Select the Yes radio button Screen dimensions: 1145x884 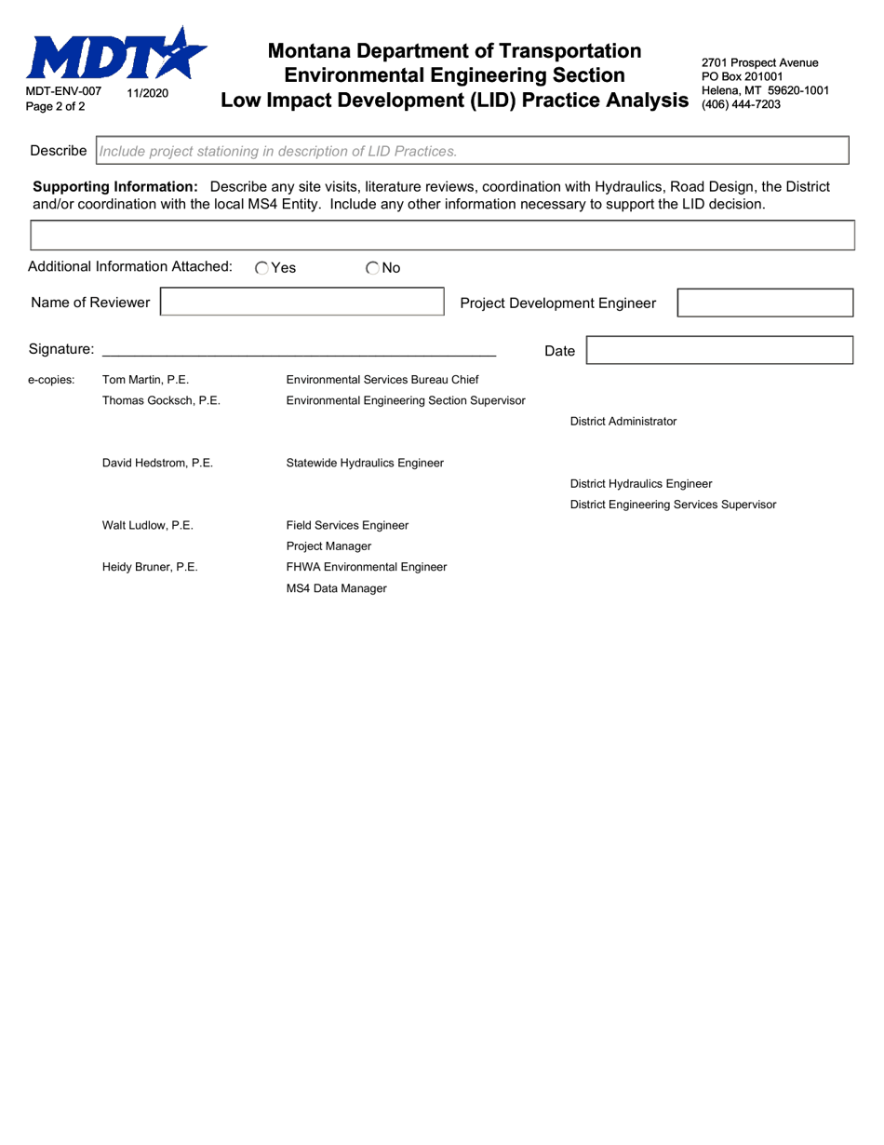click(262, 268)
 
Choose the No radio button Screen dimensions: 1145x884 click(373, 268)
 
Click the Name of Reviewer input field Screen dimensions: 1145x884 click(302, 303)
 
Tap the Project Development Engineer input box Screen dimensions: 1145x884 click(764, 303)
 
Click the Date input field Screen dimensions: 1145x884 click(719, 350)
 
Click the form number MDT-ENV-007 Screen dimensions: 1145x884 click(64, 92)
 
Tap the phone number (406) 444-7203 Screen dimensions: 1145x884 click(741, 104)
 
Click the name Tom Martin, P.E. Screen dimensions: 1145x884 click(145, 379)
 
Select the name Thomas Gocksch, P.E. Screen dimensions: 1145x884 click(161, 400)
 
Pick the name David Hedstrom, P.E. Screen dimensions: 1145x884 click(157, 463)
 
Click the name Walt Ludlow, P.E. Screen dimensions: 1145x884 click(147, 525)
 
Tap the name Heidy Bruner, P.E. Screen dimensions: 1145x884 click(150, 566)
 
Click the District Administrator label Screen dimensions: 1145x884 click(623, 421)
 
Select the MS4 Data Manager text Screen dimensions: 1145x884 click(336, 588)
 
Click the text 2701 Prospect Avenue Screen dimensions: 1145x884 click(759, 62)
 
